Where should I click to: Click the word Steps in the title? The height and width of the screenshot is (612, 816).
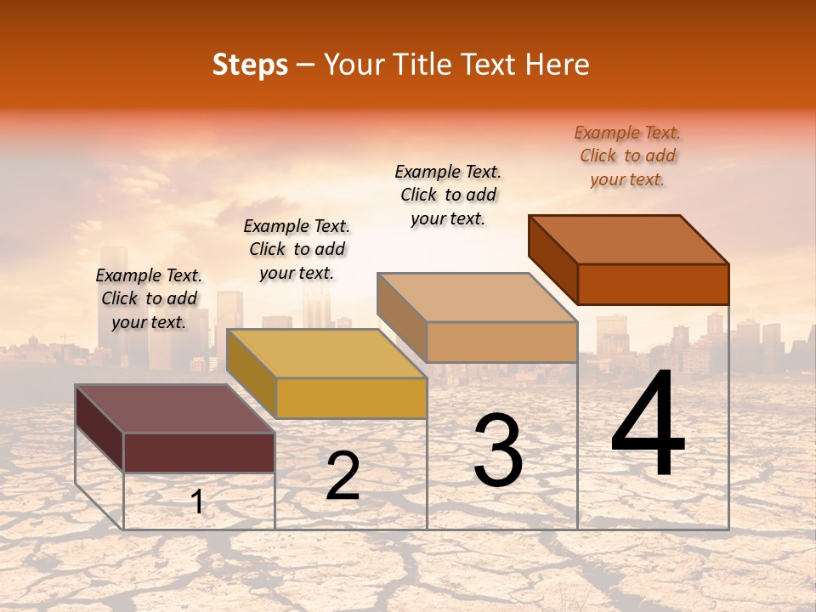point(250,65)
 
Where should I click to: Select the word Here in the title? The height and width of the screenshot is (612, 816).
point(557,65)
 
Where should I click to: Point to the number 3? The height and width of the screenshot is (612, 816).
point(498,450)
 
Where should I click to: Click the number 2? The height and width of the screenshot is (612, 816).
point(343,477)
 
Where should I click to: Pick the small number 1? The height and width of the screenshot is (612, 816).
point(196,502)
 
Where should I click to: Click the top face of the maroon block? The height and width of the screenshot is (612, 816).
point(174,409)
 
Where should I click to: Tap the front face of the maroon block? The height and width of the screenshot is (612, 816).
point(199,452)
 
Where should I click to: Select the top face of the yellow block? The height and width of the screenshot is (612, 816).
point(326,354)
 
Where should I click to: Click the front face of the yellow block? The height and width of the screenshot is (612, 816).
point(351,398)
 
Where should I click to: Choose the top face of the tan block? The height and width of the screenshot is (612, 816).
point(477,297)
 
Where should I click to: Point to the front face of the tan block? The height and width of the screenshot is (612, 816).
point(501,342)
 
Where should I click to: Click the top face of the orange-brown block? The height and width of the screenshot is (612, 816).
point(628,240)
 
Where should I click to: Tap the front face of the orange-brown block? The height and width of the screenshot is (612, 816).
point(653,284)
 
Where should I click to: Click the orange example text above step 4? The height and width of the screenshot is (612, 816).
point(627,156)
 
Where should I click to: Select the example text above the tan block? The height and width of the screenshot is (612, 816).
point(448,195)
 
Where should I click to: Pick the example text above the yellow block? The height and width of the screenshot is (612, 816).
point(297,250)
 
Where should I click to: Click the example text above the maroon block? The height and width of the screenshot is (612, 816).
point(149,299)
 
